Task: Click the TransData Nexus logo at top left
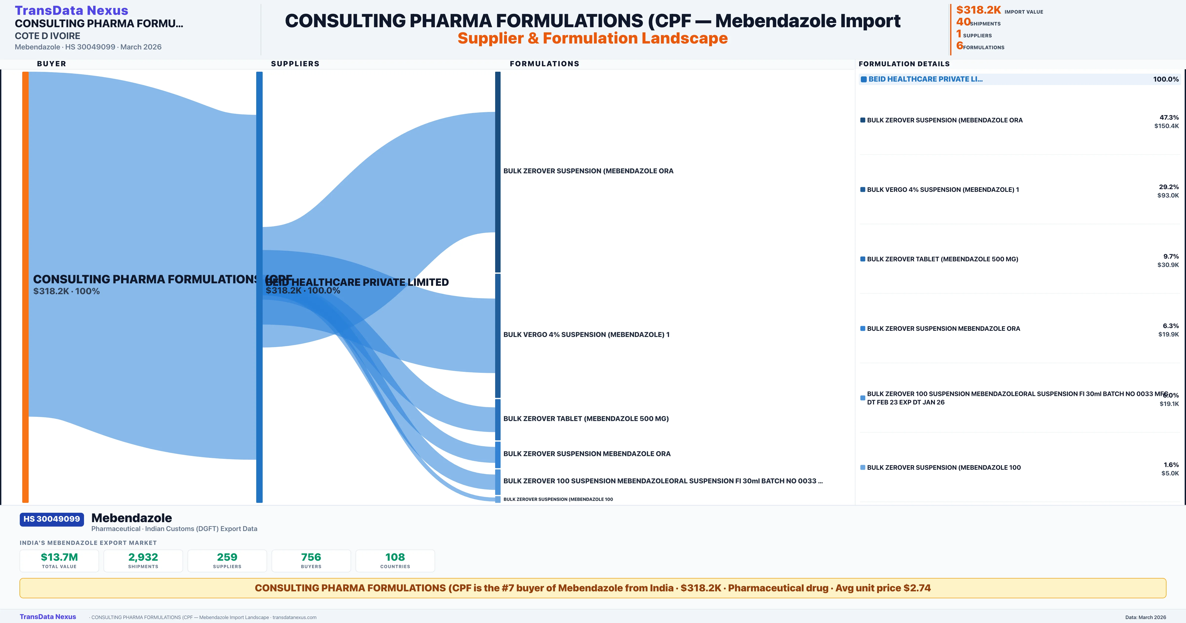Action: [x=71, y=10]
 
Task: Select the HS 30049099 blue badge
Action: [x=52, y=519]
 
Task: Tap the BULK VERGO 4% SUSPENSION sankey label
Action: [x=586, y=334]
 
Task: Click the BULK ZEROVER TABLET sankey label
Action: [x=586, y=418]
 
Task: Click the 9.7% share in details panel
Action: [x=1171, y=256]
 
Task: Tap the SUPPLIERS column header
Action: [x=295, y=64]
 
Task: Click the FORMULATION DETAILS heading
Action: [x=904, y=64]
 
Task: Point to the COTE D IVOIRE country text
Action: [x=47, y=36]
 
